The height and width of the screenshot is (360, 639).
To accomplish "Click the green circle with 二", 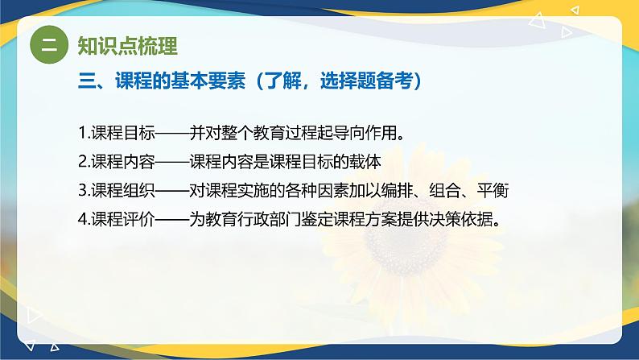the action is pyautogui.click(x=49, y=44).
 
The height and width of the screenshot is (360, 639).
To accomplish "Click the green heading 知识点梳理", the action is pyautogui.click(x=127, y=46).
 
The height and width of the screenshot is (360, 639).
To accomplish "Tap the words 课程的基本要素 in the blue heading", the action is pyautogui.click(x=180, y=81).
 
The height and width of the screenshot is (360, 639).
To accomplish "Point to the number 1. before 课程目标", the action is pyautogui.click(x=84, y=133).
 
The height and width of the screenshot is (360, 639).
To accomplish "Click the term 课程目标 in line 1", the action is pyautogui.click(x=122, y=133).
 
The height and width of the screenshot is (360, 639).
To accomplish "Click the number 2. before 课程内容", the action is pyautogui.click(x=84, y=162).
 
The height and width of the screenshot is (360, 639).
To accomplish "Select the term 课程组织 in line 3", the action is pyautogui.click(x=122, y=190).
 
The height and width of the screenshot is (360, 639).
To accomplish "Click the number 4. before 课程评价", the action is pyautogui.click(x=84, y=219).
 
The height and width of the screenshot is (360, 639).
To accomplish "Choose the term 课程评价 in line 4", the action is pyautogui.click(x=122, y=219).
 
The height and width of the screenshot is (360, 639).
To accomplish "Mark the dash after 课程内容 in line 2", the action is pyautogui.click(x=172, y=162).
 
